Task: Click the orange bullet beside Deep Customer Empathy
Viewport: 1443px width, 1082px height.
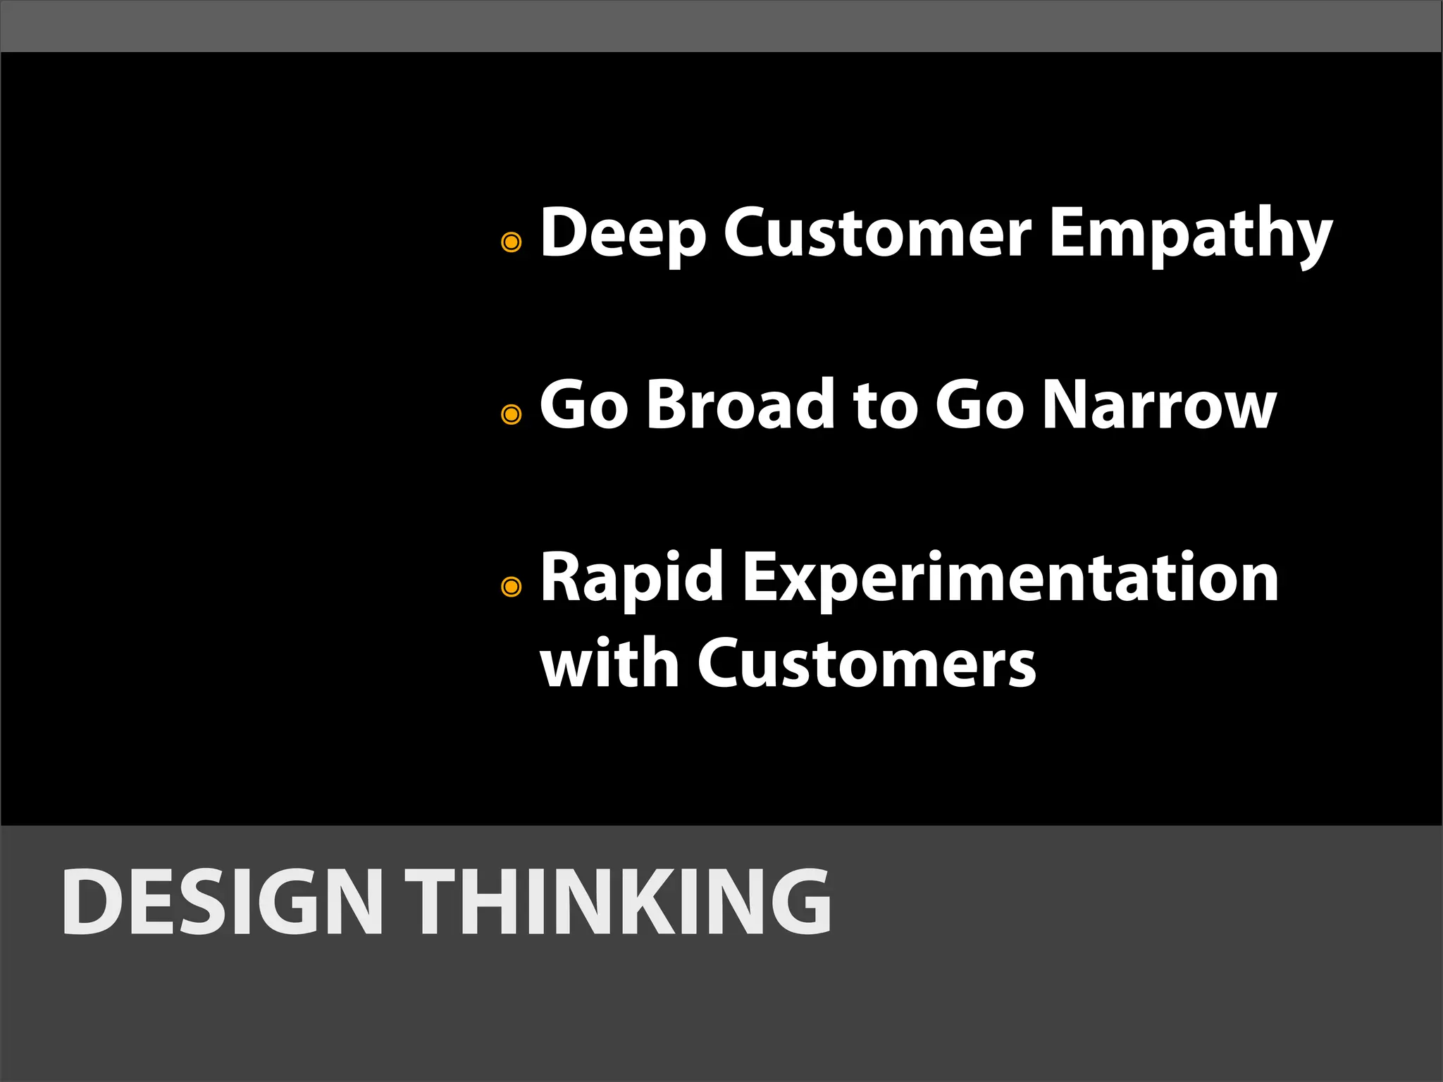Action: pos(511,242)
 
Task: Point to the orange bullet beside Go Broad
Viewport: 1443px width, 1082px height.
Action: pos(511,414)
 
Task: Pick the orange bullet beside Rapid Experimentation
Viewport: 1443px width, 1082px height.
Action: pos(511,586)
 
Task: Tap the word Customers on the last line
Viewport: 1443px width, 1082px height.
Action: pos(867,664)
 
